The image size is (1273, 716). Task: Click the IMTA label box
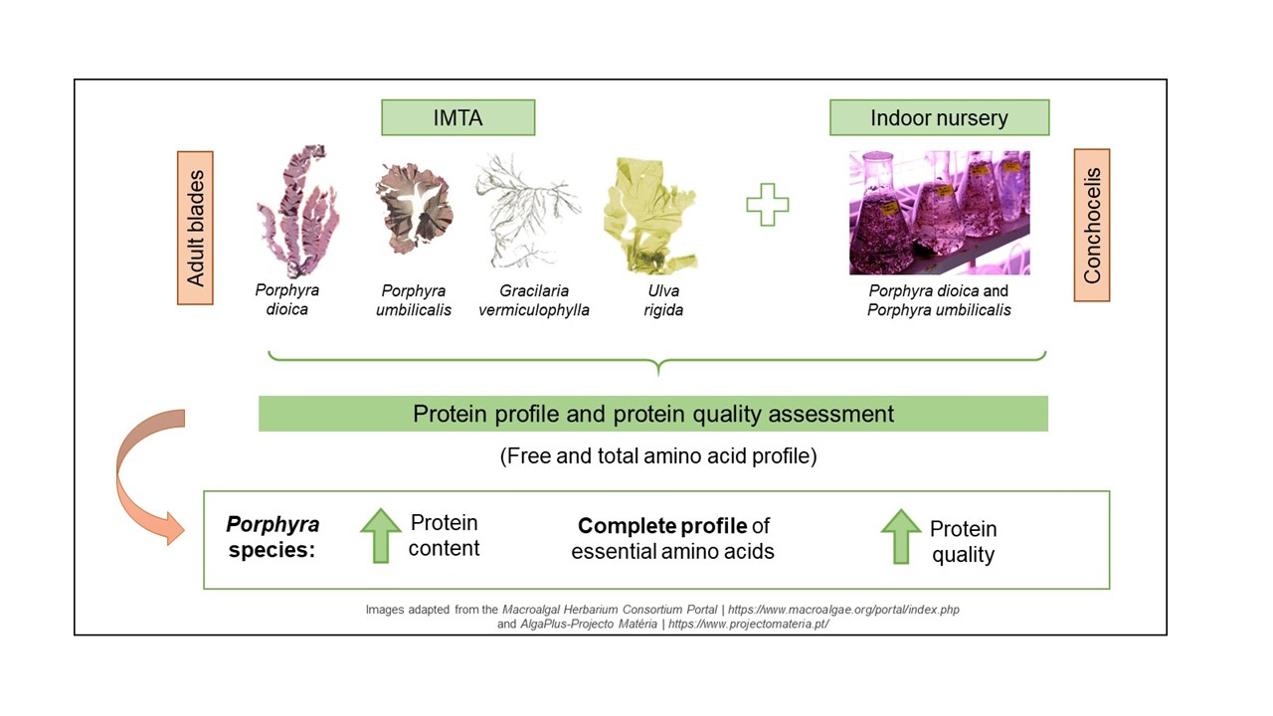[x=458, y=117]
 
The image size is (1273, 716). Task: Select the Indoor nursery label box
[x=940, y=117]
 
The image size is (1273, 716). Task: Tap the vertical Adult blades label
[x=195, y=228]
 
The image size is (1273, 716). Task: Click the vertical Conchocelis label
[x=1092, y=225]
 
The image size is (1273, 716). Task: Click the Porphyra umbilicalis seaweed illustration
[x=415, y=209]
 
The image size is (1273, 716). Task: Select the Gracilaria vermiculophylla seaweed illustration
[x=527, y=210]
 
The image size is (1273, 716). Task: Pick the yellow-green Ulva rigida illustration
[x=650, y=216]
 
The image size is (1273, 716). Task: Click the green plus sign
[x=767, y=205]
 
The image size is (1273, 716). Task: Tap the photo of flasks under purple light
[x=940, y=213]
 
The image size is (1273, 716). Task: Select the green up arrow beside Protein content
[x=381, y=536]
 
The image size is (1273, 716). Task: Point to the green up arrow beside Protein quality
[x=901, y=536]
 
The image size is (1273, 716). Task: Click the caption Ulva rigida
[x=663, y=300]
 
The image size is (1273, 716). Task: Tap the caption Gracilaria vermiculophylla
[x=534, y=300]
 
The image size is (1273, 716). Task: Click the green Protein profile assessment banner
[x=653, y=414]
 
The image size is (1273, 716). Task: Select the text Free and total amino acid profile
[x=658, y=455]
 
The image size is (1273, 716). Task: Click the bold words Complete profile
[x=662, y=526]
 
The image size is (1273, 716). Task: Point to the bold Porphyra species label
[x=273, y=536]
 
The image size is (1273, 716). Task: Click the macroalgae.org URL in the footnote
[x=843, y=610]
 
